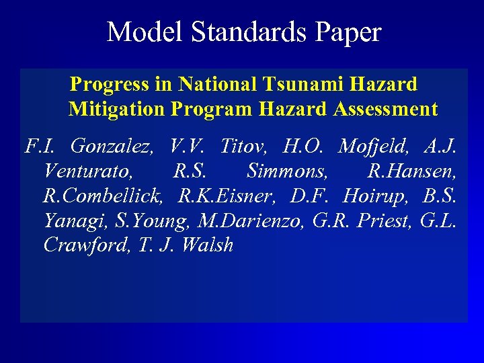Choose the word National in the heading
click(217, 84)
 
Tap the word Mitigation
click(116, 109)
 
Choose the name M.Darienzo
click(251, 220)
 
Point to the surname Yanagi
click(72, 220)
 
